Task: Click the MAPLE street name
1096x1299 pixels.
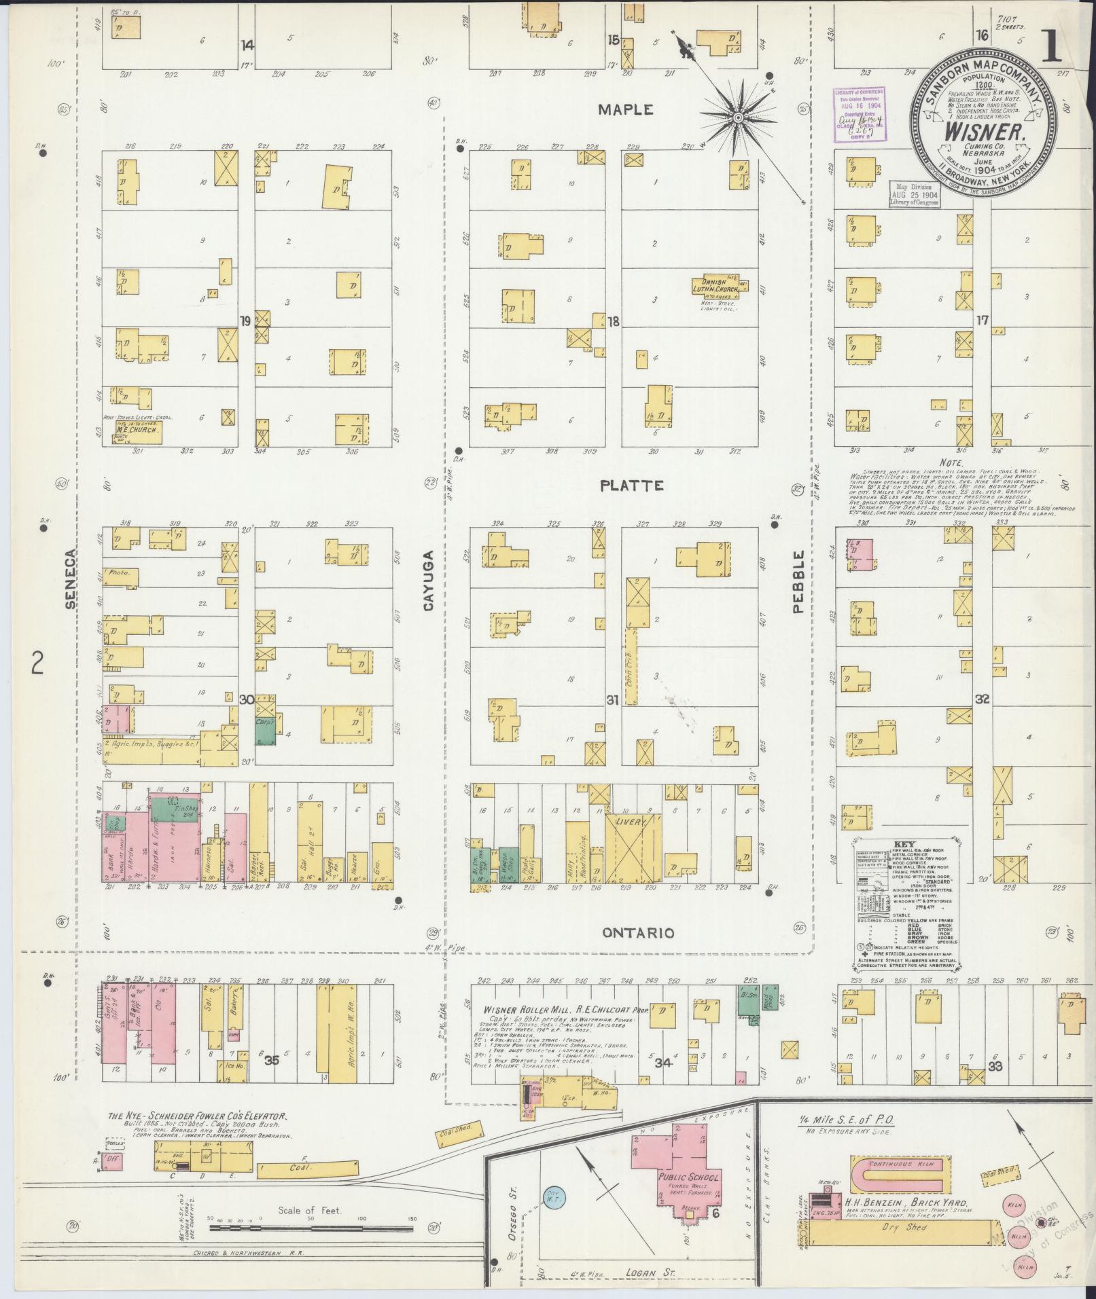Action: point(626,109)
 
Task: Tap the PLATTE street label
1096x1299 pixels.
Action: point(631,486)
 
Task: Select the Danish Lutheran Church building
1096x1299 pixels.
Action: point(719,285)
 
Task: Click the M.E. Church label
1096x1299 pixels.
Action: point(137,429)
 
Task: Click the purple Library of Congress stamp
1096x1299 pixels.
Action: point(862,115)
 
